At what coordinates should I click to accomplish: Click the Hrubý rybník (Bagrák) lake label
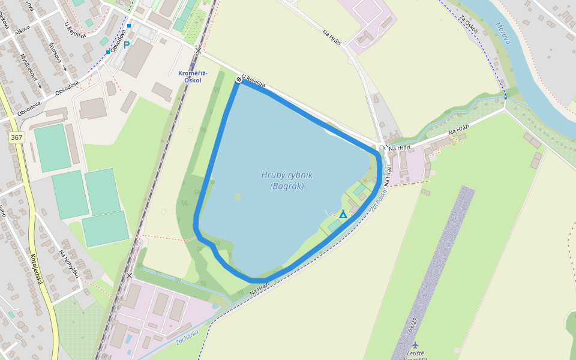click(287, 181)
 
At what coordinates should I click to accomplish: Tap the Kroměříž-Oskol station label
click(193, 76)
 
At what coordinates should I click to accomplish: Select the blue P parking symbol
click(127, 44)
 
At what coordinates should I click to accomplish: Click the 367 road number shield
click(16, 137)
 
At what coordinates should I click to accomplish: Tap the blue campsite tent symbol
click(343, 214)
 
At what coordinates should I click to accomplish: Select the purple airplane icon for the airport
click(415, 345)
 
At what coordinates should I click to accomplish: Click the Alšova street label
click(25, 28)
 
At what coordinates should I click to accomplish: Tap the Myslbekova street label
click(30, 70)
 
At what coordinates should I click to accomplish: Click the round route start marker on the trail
click(239, 79)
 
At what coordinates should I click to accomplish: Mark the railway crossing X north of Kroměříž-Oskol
click(199, 50)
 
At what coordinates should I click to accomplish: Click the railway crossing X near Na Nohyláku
click(130, 275)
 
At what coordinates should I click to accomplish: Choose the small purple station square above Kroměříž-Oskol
click(192, 67)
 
